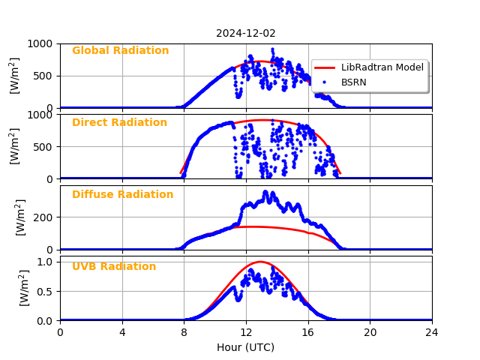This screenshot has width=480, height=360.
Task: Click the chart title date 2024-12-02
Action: click(x=246, y=33)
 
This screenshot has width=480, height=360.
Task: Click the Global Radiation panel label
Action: click(x=120, y=51)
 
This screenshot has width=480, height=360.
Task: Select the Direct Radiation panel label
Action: click(x=119, y=123)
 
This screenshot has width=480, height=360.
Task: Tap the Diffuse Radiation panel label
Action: click(x=122, y=195)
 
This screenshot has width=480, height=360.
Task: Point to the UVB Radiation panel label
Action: click(x=114, y=267)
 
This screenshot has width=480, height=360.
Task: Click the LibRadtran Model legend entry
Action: click(x=382, y=67)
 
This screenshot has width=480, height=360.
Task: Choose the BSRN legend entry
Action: click(x=354, y=82)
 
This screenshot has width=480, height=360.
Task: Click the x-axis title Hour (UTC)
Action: click(x=246, y=347)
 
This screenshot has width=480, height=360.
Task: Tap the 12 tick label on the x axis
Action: click(x=246, y=332)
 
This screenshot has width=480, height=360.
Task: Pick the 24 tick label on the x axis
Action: click(x=432, y=332)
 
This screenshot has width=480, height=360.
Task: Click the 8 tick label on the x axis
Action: click(x=184, y=332)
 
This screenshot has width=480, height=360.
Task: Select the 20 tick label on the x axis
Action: click(x=370, y=332)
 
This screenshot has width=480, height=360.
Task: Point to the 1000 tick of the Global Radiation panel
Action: click(x=39, y=43)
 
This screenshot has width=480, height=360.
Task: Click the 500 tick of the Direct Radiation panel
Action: click(x=43, y=147)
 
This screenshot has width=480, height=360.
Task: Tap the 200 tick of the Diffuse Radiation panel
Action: click(x=43, y=217)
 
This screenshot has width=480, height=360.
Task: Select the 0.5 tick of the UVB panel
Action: click(x=46, y=291)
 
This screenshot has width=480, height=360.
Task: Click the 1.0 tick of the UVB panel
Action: click(x=46, y=262)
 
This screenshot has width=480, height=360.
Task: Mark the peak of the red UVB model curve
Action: click(x=260, y=262)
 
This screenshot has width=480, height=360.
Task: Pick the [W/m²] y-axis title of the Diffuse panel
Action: click(x=21, y=217)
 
